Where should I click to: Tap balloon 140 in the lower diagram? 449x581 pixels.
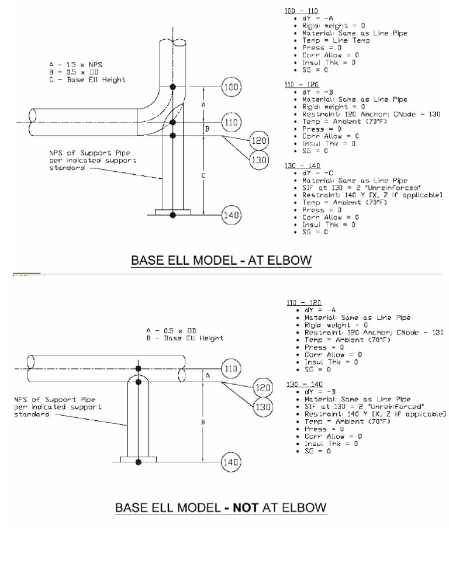coord(232,462)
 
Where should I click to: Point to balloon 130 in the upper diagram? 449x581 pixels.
coord(258,160)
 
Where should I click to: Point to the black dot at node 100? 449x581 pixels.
coord(172,87)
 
